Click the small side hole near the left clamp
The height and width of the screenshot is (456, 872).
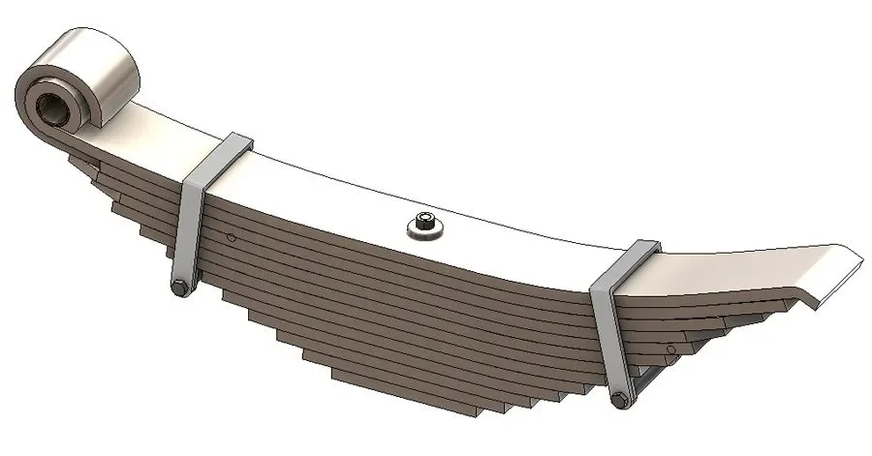pos(231,238)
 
